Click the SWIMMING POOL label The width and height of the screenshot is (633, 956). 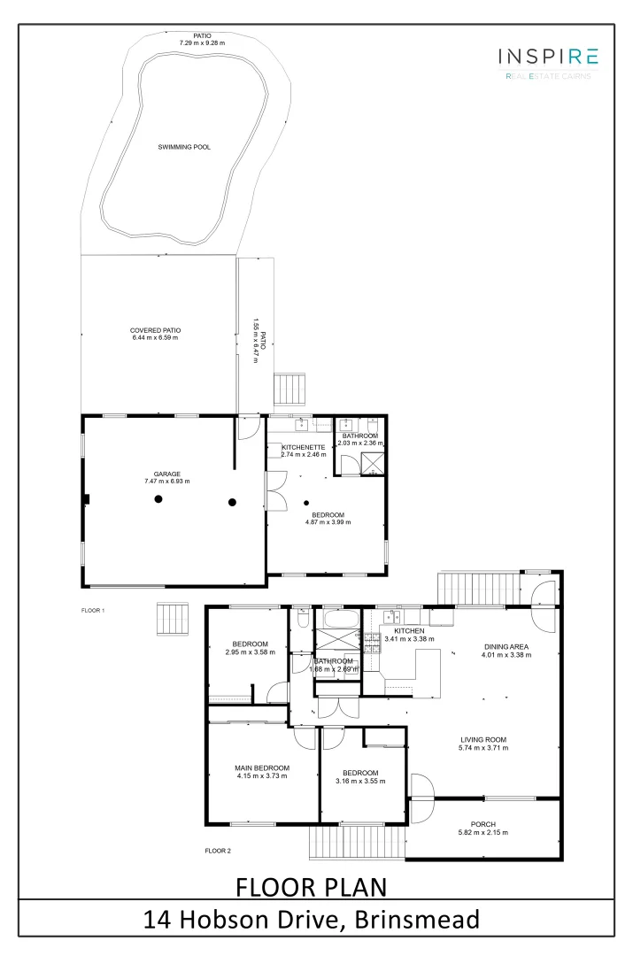(184, 147)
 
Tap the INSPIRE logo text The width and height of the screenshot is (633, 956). (549, 58)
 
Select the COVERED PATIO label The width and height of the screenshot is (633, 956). (155, 330)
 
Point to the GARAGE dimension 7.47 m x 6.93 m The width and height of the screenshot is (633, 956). (166, 481)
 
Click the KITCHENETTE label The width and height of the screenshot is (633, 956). (304, 447)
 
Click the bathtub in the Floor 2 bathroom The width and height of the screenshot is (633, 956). (338, 617)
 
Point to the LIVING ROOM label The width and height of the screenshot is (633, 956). (483, 740)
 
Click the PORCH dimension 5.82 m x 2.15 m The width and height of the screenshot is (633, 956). (482, 832)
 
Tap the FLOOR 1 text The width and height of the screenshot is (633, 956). (93, 611)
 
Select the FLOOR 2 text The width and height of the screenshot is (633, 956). (218, 851)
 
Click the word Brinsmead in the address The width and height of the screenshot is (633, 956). (417, 920)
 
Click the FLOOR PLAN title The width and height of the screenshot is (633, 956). (311, 885)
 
